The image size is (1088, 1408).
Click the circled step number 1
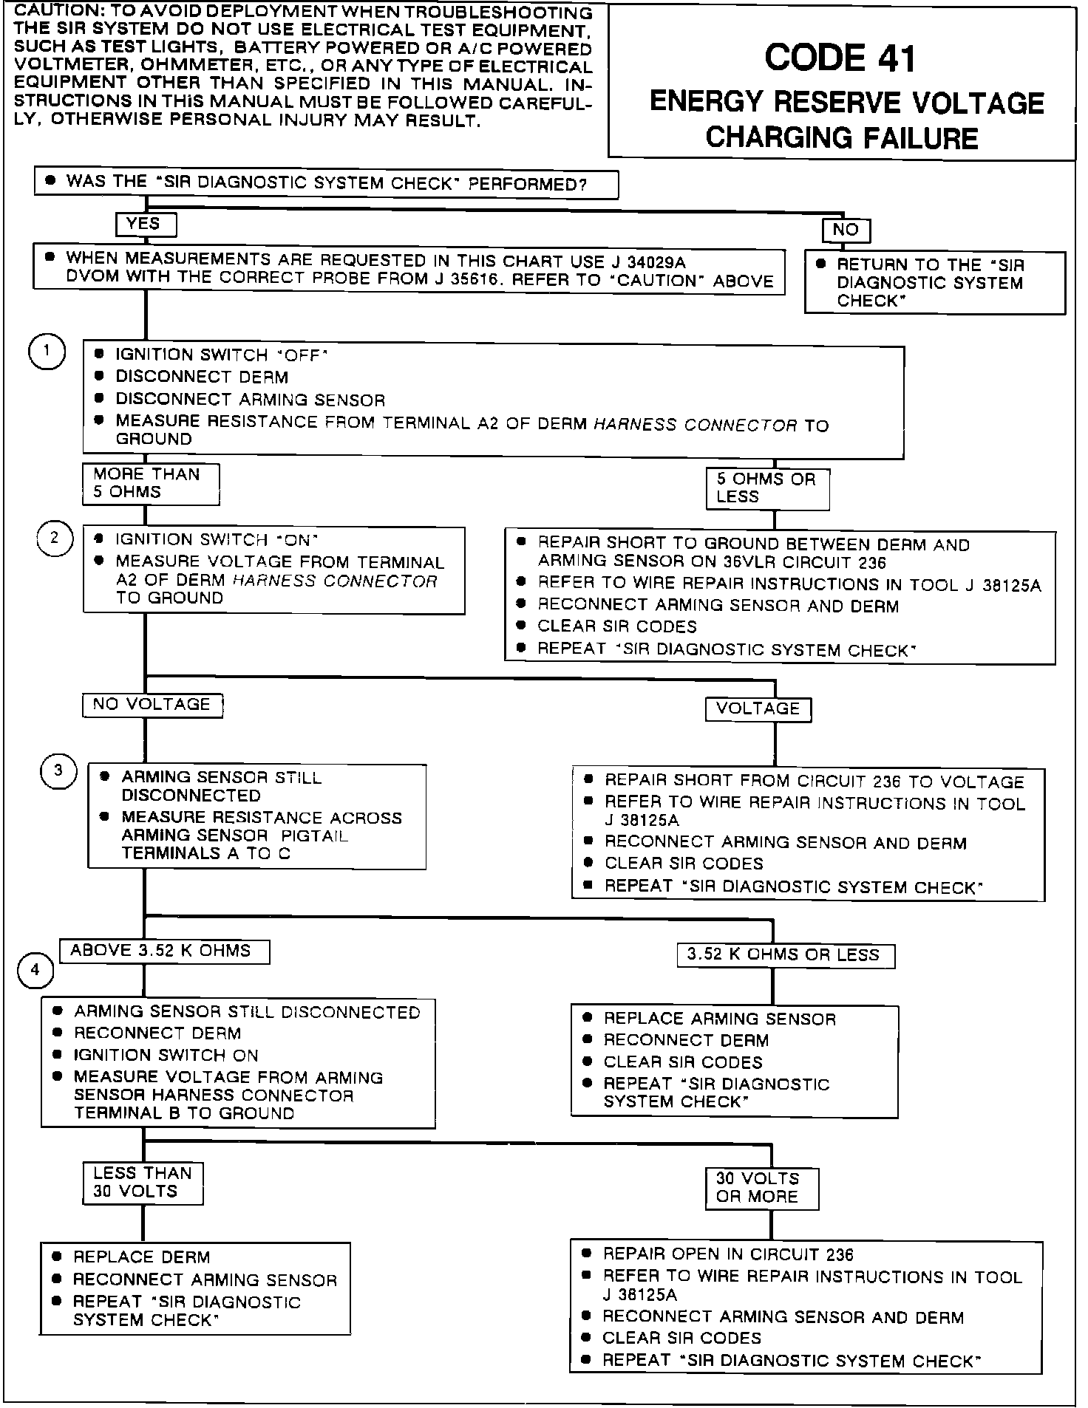tap(47, 352)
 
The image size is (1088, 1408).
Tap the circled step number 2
tap(54, 538)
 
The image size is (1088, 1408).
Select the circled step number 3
tap(58, 771)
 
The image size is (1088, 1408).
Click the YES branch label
tap(145, 224)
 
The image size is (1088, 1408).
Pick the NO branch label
tap(846, 230)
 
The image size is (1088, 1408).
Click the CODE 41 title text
tap(840, 59)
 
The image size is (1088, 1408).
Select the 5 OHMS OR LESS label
tap(766, 488)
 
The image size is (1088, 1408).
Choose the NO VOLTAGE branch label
tap(152, 705)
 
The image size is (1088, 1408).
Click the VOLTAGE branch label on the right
tap(758, 708)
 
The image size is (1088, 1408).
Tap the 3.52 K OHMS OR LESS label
tap(784, 954)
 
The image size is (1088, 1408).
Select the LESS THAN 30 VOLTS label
tap(142, 1182)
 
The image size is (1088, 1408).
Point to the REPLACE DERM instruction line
tap(141, 1257)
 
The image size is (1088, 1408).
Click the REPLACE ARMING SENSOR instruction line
tap(719, 1019)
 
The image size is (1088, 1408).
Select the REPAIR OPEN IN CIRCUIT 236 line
tap(728, 1254)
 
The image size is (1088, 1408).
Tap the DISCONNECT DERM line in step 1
tap(202, 377)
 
